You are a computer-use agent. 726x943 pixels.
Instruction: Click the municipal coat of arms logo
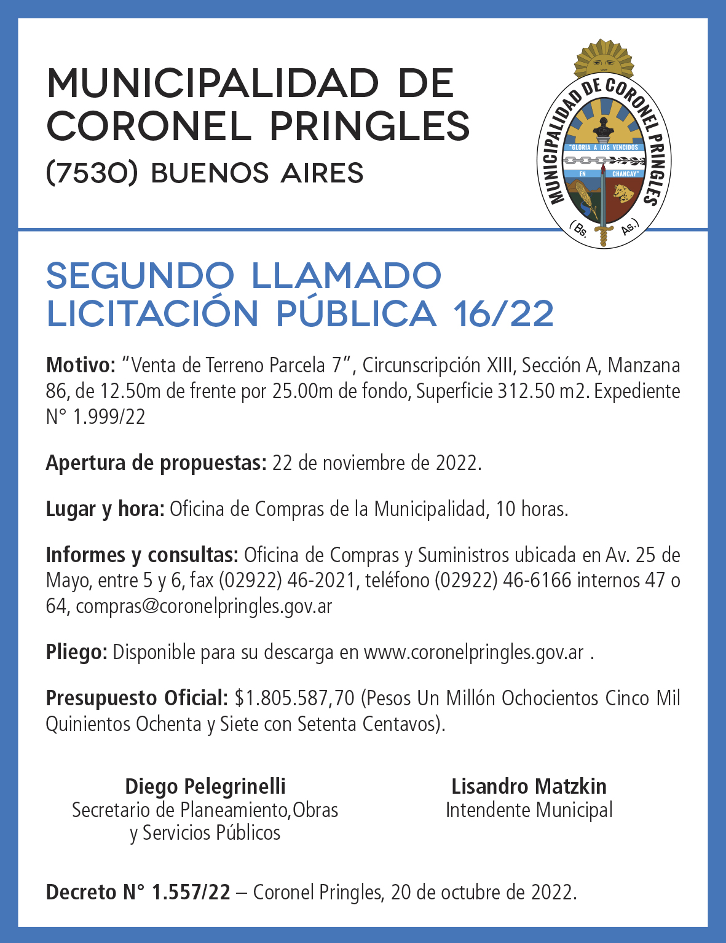pos(604,147)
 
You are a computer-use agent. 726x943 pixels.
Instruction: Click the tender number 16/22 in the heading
pos(503,313)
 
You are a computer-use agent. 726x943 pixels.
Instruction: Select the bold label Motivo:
pos(81,366)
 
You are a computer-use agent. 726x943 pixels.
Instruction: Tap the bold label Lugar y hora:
pos(105,509)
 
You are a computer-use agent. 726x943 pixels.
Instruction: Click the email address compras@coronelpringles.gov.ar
pos(204,606)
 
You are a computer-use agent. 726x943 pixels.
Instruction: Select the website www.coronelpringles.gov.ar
pos(473,652)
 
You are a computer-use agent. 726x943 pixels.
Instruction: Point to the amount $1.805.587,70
pos(295,698)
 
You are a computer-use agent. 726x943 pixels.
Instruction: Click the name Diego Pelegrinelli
pos(205,786)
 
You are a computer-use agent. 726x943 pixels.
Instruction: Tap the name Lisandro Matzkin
pos(529,786)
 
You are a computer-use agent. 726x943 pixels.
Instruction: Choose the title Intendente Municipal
pos(529,810)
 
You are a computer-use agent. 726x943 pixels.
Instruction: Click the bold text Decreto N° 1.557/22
pos(138,892)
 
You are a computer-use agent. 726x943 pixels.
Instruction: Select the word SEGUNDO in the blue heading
pos(141,276)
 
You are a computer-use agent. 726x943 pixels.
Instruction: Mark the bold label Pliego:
pos(77,652)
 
